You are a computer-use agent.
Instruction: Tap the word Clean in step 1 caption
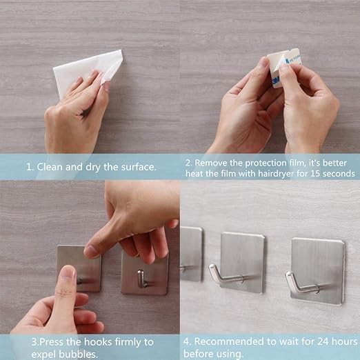50,167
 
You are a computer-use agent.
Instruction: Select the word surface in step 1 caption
139,167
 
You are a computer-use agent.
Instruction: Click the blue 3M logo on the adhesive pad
276,81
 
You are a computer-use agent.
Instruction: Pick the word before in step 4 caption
197,354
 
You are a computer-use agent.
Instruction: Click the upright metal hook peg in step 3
141,279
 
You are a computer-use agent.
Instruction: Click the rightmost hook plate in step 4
318,271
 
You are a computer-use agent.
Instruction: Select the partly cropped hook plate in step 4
191,254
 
